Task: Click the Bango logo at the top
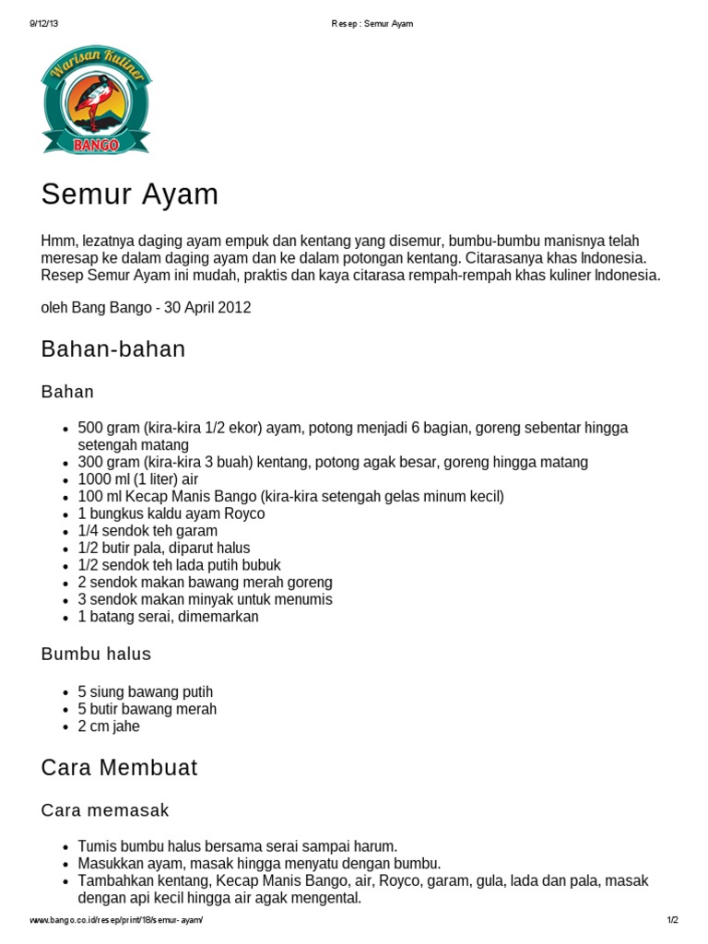(96, 100)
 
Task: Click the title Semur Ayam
(130, 195)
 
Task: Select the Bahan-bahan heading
(113, 348)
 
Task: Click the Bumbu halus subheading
(96, 654)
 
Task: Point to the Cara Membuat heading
(119, 768)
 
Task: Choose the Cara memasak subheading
(105, 810)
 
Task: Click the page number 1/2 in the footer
(672, 920)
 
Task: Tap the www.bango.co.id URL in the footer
(116, 920)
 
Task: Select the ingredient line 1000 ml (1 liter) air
(137, 479)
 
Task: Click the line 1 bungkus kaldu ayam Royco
(171, 513)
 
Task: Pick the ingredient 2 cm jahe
(109, 726)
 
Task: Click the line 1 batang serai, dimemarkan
(168, 617)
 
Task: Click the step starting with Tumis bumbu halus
(237, 845)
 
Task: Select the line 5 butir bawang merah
(147, 709)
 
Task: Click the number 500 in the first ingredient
(89, 428)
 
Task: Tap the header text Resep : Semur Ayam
(372, 23)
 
